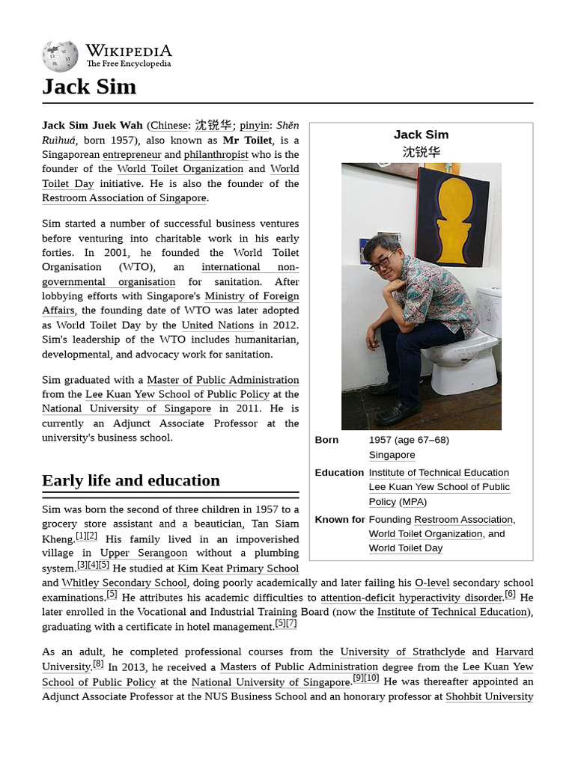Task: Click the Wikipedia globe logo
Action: pos(60,56)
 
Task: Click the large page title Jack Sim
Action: pos(89,87)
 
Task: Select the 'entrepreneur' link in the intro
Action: pos(132,155)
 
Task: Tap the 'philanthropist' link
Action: pos(216,155)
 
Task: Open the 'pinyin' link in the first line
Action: pos(255,126)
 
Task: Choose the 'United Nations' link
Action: pos(217,325)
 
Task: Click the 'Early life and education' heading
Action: pos(131,480)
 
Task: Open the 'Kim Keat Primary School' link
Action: pos(238,569)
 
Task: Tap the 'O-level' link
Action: pos(431,583)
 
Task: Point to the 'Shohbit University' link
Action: pos(489,696)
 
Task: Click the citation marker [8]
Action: pos(98,664)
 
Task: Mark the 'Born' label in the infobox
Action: pos(326,440)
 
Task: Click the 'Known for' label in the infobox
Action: pos(339,519)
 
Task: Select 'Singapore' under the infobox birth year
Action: pos(392,455)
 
